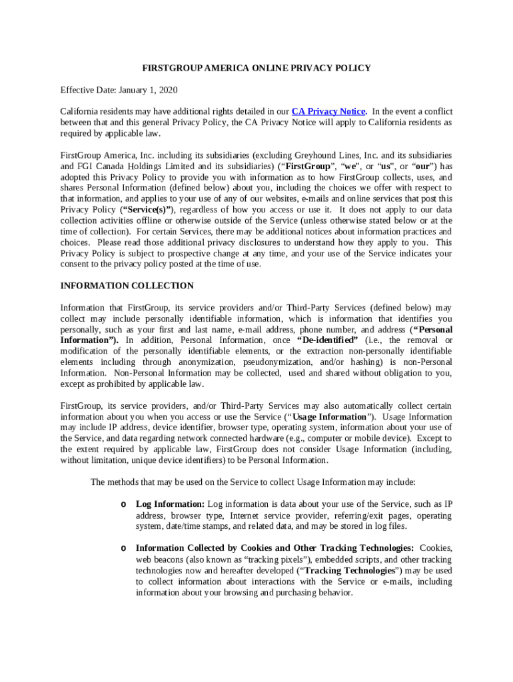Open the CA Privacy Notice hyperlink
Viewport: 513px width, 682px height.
(x=328, y=111)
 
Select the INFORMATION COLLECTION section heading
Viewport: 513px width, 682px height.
(x=127, y=286)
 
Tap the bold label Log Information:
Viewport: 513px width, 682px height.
(x=171, y=504)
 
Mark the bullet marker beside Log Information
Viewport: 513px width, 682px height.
(x=123, y=504)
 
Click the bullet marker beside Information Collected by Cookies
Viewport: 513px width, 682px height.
(x=123, y=548)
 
